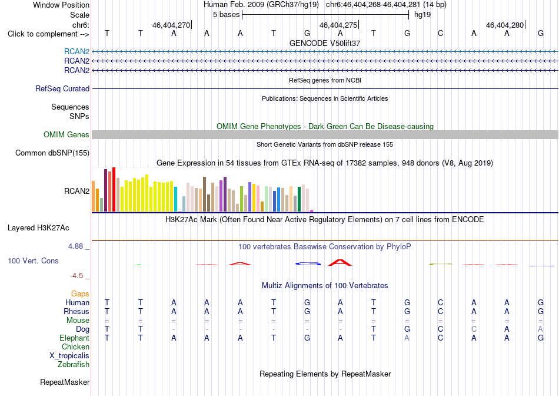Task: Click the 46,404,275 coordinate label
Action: (x=338, y=25)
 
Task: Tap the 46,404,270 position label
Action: (x=171, y=25)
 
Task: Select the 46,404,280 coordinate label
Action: (x=505, y=25)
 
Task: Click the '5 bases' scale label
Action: (x=227, y=15)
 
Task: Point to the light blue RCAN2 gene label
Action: (x=76, y=51)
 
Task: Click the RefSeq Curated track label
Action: (x=62, y=88)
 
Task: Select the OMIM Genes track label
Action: (x=66, y=134)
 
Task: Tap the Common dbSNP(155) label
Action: (x=52, y=153)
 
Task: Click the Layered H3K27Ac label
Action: (x=38, y=228)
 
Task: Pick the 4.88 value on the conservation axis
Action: (x=75, y=246)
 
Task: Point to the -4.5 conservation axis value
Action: (x=76, y=276)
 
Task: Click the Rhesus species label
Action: (x=76, y=311)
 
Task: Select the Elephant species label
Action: (x=75, y=338)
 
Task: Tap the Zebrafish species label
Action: (x=74, y=365)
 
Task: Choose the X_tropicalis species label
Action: (x=69, y=356)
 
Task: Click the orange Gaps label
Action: (x=80, y=293)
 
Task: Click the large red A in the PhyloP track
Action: (x=340, y=262)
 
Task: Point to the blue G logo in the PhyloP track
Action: (x=308, y=264)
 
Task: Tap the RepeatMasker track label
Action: (x=65, y=382)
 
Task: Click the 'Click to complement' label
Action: (x=48, y=34)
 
